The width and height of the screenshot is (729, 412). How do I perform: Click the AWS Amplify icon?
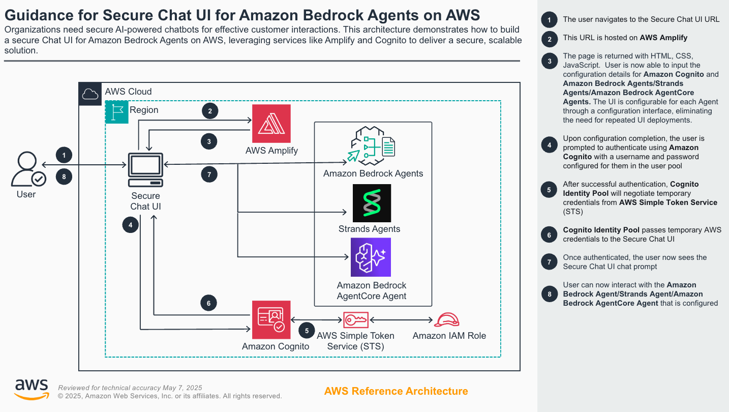coord(271,124)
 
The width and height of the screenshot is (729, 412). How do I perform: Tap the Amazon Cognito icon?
coord(271,319)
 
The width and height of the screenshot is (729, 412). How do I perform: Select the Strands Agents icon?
coord(372,203)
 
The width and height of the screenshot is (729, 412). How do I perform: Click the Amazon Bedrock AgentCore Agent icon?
coord(371,257)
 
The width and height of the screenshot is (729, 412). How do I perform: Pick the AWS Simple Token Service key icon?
coord(355,320)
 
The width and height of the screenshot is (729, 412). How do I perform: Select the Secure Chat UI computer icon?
coord(145,170)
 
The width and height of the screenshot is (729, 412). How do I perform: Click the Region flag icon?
coord(116,112)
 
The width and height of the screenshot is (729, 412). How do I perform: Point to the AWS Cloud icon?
coord(90,94)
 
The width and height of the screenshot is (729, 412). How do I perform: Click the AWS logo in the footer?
coord(32,389)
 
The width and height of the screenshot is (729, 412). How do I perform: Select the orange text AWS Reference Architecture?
coord(396,391)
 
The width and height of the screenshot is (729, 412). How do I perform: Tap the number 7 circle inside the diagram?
coord(209,174)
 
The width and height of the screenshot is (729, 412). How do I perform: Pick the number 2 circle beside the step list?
coord(549,38)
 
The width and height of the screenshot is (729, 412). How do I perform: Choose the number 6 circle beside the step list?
coord(549,235)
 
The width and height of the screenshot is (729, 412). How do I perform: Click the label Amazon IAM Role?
coord(449,336)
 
